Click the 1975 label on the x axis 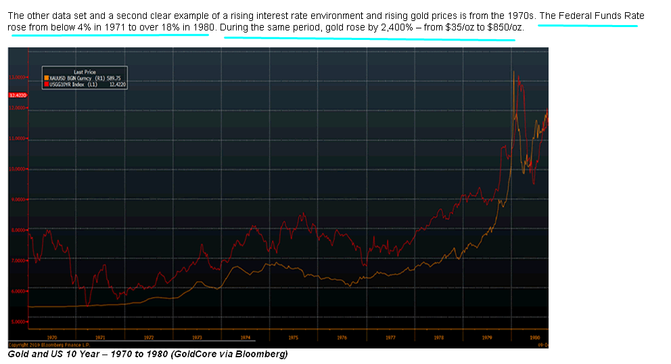point(294,336)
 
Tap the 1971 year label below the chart point(100,336)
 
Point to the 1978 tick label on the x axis point(438,336)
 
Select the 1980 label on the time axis point(534,336)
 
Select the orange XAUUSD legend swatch point(46,78)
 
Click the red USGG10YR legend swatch point(46,85)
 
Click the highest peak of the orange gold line point(514,71)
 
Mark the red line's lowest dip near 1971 point(87,304)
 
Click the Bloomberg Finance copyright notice point(47,344)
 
